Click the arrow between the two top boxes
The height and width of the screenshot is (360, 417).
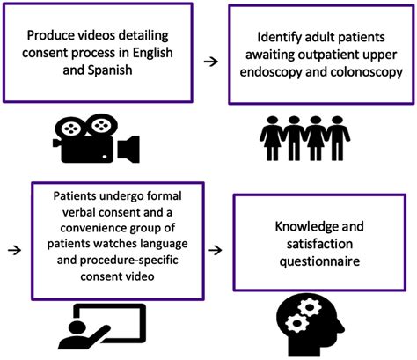pos(209,62)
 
